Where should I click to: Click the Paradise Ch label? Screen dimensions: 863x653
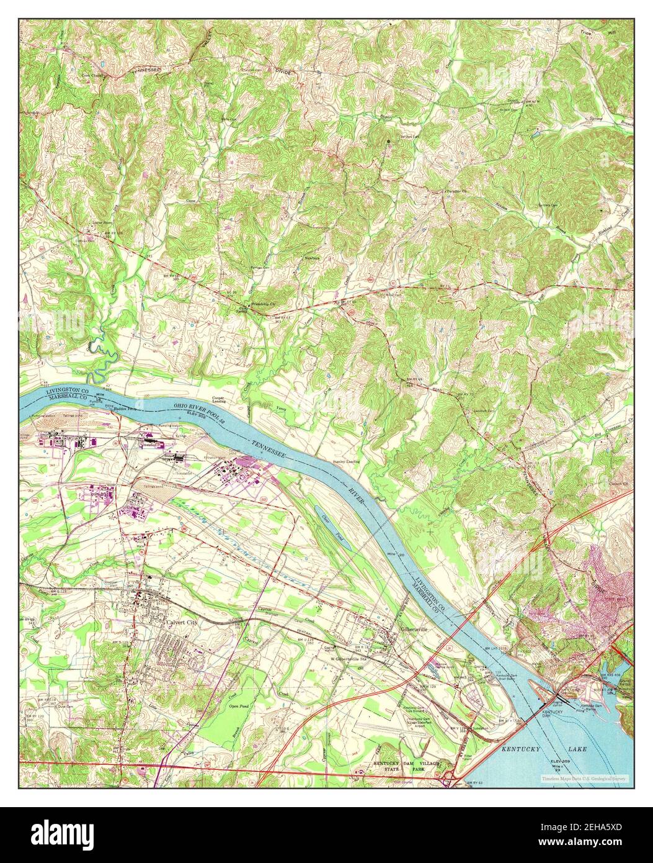tap(456, 191)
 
